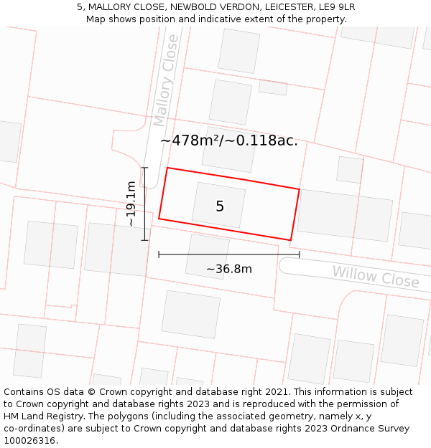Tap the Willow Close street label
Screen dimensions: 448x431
[x=375, y=276]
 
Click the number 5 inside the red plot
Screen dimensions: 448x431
[x=220, y=206]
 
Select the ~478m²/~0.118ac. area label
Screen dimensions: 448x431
[x=228, y=140]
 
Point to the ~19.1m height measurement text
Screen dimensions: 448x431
[x=131, y=204]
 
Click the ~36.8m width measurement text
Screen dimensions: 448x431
[x=229, y=269]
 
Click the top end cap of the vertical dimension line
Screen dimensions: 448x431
[x=144, y=168]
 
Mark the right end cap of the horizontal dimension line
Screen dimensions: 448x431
[x=299, y=254]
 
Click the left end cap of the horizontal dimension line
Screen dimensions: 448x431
[x=159, y=254]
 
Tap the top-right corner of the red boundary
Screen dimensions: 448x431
[x=299, y=189]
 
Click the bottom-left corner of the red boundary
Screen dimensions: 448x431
[x=159, y=218]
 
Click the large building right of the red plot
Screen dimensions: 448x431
[x=345, y=214]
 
